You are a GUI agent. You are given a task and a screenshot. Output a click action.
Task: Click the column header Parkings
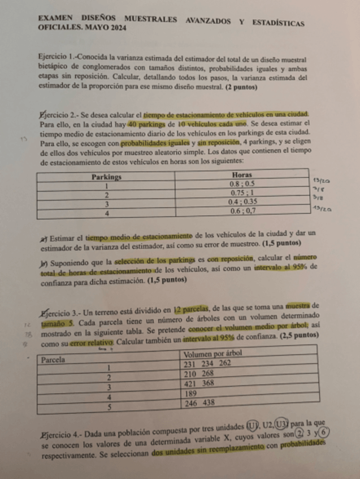[x=107, y=176]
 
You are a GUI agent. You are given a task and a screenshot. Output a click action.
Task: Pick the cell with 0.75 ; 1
[x=242, y=193]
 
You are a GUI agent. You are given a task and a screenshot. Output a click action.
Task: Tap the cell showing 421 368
[x=199, y=384]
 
